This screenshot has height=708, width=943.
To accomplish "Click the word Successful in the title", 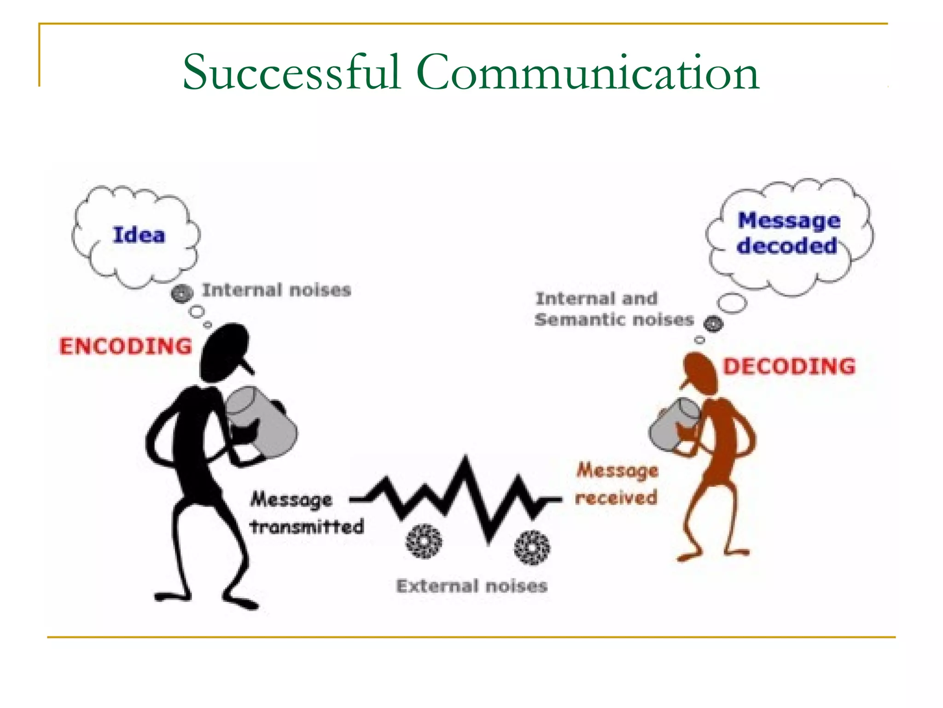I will tap(291, 72).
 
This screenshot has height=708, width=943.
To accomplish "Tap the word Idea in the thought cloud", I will tap(139, 235).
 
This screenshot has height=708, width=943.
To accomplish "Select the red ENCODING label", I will tap(125, 346).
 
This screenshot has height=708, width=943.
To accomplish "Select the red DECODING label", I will tap(789, 366).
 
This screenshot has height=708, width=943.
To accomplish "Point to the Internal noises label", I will tap(276, 290).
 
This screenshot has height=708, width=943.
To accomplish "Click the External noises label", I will tap(472, 586).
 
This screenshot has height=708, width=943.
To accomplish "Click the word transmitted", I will tap(307, 526).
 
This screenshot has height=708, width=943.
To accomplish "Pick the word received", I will tap(616, 497).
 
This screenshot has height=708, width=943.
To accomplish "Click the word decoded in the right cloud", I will tap(787, 245).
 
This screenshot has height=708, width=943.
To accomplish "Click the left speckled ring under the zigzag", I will tap(424, 541).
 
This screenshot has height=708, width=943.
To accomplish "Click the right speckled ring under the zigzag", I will tap(532, 548).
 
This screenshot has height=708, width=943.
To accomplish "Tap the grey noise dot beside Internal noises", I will tap(182, 293).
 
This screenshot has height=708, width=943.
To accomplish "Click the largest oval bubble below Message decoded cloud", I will tap(732, 303).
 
